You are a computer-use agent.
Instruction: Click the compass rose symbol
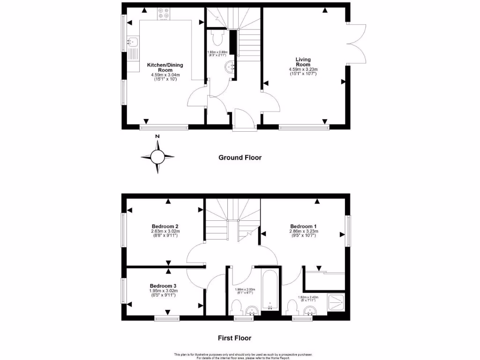[158, 157]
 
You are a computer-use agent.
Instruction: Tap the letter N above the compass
[158, 136]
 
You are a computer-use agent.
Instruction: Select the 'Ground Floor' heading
[240, 157]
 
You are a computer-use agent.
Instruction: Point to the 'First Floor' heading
[234, 337]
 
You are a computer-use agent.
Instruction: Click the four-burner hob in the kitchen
[164, 15]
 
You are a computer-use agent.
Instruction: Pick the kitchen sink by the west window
[132, 44]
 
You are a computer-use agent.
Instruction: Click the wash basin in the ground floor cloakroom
[230, 67]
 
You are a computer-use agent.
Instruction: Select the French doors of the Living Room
[357, 43]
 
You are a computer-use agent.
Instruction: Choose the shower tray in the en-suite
[337, 303]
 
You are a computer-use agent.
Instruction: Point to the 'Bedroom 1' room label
[304, 225]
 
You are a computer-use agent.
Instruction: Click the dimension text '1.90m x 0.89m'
[217, 52]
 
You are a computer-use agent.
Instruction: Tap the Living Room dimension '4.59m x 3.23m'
[303, 70]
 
